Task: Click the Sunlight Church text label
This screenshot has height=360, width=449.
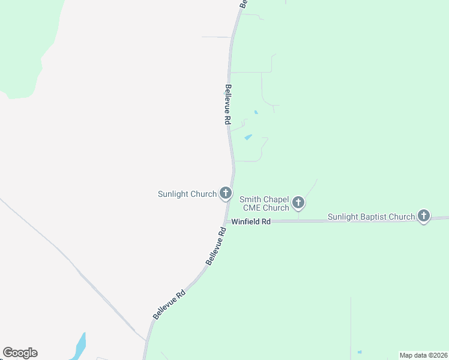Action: coord(187,194)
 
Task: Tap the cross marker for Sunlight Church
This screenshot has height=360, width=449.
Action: coord(226,193)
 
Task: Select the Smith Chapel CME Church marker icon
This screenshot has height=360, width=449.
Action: coord(298,203)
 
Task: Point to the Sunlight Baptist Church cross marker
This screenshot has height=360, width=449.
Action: coord(424,216)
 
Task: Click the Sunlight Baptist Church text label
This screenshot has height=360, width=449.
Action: coord(371,217)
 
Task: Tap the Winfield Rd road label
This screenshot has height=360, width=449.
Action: coord(251,221)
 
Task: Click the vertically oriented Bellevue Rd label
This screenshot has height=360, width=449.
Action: coord(228,104)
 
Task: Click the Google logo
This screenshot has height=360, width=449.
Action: coord(20,353)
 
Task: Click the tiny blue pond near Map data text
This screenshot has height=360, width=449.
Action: coord(360,352)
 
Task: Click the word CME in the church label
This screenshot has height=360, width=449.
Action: coord(252,208)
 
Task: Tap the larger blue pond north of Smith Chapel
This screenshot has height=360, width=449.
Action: coord(248,137)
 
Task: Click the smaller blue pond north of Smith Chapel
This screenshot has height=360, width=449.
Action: coord(256,112)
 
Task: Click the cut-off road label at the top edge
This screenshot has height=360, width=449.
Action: coord(243,3)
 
